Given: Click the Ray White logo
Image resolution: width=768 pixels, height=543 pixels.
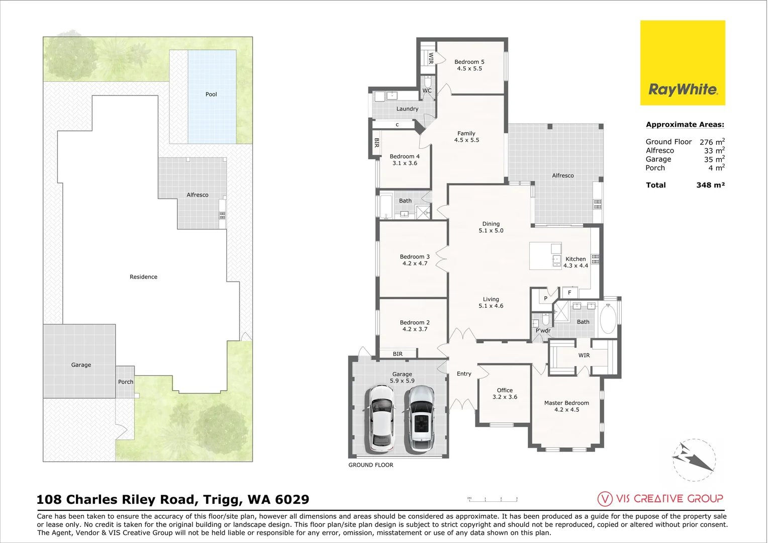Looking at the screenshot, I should (x=682, y=63).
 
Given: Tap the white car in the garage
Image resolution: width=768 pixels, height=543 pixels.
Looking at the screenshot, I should (x=381, y=418).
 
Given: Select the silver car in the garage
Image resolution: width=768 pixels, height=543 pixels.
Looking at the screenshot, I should (x=421, y=418).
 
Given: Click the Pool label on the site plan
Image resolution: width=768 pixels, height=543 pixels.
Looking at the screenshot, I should (x=211, y=95).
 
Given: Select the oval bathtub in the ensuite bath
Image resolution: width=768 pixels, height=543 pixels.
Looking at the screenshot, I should (x=608, y=319).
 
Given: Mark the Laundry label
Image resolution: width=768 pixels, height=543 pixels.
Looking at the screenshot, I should (x=407, y=109).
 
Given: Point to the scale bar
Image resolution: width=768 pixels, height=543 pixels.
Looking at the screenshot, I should (x=493, y=499).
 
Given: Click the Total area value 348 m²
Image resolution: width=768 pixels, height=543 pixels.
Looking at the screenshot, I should (x=710, y=185).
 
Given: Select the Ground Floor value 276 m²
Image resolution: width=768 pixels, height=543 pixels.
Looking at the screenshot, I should (x=712, y=142).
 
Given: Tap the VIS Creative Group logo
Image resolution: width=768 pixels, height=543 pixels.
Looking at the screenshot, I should (x=660, y=499).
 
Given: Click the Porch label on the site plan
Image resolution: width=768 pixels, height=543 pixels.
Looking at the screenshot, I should (x=126, y=382).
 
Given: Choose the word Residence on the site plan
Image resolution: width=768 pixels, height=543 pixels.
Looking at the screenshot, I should (x=143, y=277).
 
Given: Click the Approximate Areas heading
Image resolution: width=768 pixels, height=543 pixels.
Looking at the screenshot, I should (x=685, y=125).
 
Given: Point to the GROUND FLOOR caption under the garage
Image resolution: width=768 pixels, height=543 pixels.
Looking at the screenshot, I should (x=371, y=465).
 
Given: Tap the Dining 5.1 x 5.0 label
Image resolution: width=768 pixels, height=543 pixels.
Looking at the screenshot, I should (x=491, y=227).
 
